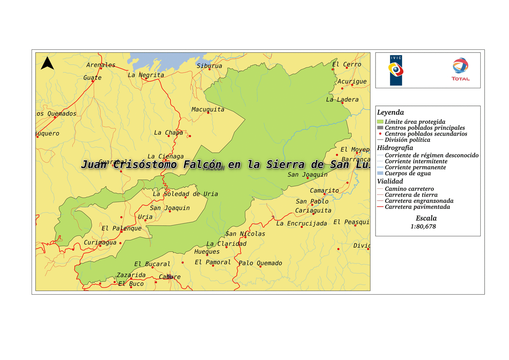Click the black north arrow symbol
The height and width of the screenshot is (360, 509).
[x=47, y=64]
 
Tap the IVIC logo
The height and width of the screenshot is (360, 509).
[x=396, y=70]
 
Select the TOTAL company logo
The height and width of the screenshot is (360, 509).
[x=460, y=69]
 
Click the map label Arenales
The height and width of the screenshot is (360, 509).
[x=100, y=65]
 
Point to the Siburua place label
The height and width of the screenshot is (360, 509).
[x=209, y=66]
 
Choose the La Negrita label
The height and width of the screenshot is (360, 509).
[x=146, y=75]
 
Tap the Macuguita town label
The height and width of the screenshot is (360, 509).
[x=208, y=109]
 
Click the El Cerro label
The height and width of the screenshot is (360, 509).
[x=347, y=64]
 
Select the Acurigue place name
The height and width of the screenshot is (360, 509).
[x=352, y=81]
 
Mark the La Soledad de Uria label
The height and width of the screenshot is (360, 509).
[x=185, y=194]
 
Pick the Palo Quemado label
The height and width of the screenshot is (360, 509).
[x=260, y=263]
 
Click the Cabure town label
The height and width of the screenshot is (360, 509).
[x=170, y=277]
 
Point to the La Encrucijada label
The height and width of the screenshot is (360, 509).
[x=301, y=223]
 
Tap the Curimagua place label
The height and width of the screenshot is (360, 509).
[x=100, y=242]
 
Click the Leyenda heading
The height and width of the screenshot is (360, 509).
[x=390, y=112]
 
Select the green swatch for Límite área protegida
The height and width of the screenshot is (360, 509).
[x=380, y=122]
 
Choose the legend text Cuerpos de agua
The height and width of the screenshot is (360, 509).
[x=408, y=173]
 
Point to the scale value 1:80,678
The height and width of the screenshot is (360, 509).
[x=423, y=226]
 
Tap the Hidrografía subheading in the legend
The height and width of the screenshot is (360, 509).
[x=395, y=148]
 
